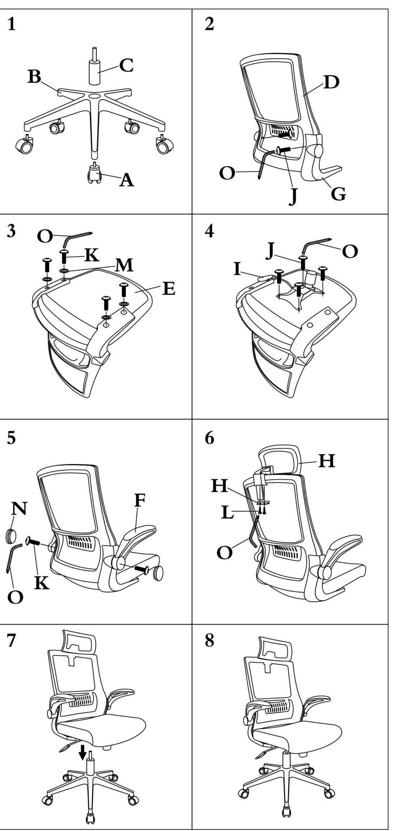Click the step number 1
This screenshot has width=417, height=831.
(12, 24)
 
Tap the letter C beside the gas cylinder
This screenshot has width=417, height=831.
(126, 65)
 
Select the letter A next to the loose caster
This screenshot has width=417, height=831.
(126, 180)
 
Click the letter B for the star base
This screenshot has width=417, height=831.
(34, 76)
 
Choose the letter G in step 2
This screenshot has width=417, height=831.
(338, 194)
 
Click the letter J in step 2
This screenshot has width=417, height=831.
(293, 197)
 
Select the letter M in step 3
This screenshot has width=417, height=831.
(124, 265)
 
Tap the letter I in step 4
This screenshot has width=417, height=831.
(237, 269)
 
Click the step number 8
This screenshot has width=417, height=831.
(209, 640)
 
